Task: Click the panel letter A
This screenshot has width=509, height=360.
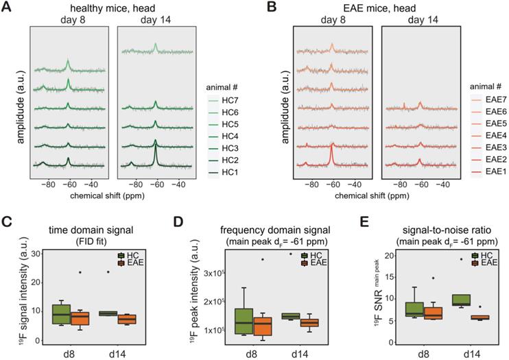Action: (7, 8)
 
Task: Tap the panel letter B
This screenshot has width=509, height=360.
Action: (267, 8)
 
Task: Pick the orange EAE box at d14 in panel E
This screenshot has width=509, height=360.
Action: (469, 317)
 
